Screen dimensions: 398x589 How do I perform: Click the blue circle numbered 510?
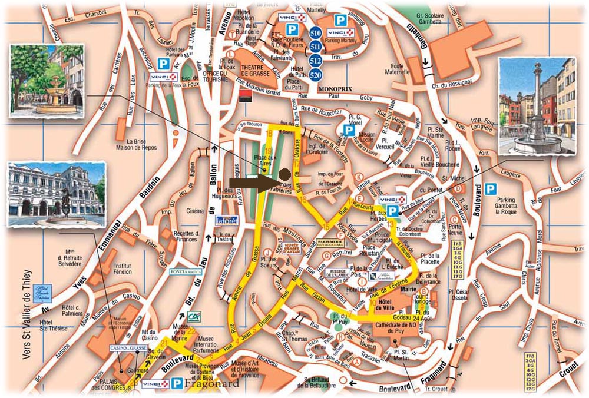click(315, 33)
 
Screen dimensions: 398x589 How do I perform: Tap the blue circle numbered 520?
click(315, 75)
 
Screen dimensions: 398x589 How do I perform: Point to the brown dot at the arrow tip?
click(284, 175)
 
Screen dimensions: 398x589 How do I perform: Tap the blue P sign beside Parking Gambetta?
click(491, 188)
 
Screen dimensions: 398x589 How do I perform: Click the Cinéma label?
click(196, 210)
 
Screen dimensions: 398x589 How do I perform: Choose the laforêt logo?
click(226, 221)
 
